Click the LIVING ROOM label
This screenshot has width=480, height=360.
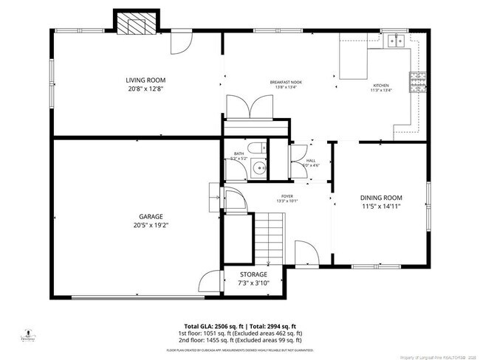click(x=145, y=80)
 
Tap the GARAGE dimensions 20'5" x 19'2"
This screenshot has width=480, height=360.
click(x=147, y=225)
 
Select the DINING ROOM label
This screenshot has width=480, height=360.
click(x=381, y=197)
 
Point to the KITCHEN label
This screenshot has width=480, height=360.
click(x=381, y=86)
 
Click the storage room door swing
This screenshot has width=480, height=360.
click(x=210, y=282)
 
